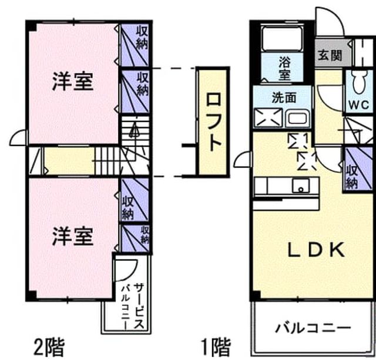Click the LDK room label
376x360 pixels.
click(316, 250)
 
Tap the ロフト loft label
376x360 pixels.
click(213, 122)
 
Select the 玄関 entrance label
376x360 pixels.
click(330, 55)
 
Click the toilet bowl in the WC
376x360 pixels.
click(358, 82)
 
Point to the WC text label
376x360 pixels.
click(358, 105)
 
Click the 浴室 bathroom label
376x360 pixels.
click(284, 69)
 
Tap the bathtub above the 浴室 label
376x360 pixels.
click(282, 38)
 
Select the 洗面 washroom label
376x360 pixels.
click(284, 97)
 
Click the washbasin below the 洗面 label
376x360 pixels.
click(297, 118)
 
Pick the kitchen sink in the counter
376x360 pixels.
click(300, 186)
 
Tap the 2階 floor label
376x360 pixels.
click(49, 347)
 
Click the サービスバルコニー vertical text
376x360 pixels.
click(133, 306)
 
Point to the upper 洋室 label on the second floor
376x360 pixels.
click(73, 82)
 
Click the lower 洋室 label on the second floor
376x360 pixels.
click(73, 237)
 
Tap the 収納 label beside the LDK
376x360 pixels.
click(352, 177)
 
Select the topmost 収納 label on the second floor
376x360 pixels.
click(142, 38)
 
